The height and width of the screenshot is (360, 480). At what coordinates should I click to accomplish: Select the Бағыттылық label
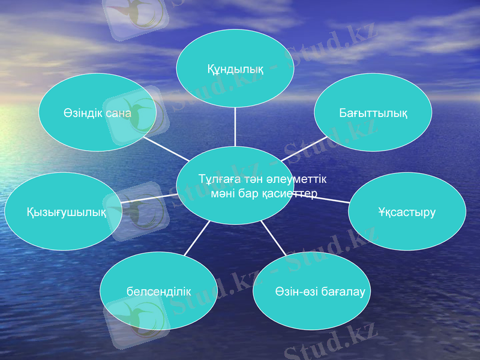click(373, 113)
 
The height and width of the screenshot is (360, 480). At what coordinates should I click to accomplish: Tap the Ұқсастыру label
click(407, 212)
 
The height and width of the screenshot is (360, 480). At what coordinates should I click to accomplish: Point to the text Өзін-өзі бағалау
click(311, 292)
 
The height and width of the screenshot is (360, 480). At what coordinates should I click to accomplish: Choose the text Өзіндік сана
click(97, 113)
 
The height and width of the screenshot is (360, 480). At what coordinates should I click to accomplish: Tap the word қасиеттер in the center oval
click(290, 195)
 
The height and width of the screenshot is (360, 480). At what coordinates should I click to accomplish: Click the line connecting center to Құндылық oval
click(235, 127)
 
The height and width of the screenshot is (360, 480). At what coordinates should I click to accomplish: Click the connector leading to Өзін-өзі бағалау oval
click(273, 238)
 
